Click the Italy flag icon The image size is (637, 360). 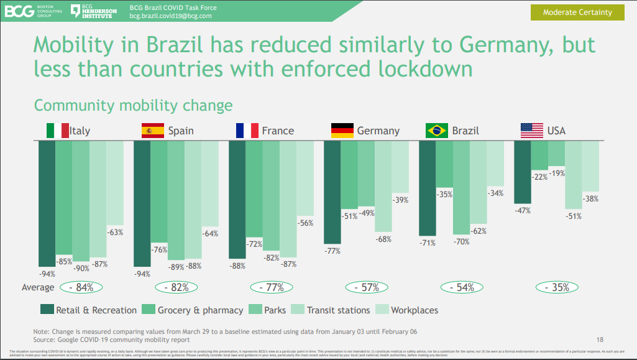[x=57, y=131]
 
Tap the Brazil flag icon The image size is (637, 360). [x=437, y=131]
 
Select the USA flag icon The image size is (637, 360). [x=531, y=131]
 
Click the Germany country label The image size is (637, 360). [x=378, y=131]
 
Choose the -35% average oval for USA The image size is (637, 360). [x=557, y=287]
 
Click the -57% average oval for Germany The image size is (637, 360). [x=366, y=287]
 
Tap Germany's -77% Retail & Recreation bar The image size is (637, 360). [x=332, y=192]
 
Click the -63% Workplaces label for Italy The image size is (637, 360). [x=115, y=233]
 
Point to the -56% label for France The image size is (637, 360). [x=305, y=223]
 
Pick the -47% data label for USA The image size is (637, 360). [x=522, y=211]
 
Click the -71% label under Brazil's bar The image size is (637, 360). [x=428, y=242]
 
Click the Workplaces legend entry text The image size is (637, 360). [x=415, y=310]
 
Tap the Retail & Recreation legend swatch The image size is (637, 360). [x=47, y=310]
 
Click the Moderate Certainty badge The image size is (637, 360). [x=577, y=12]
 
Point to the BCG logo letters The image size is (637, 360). [x=19, y=11]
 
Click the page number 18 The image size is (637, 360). [x=600, y=339]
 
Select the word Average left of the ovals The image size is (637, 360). [x=38, y=288]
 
